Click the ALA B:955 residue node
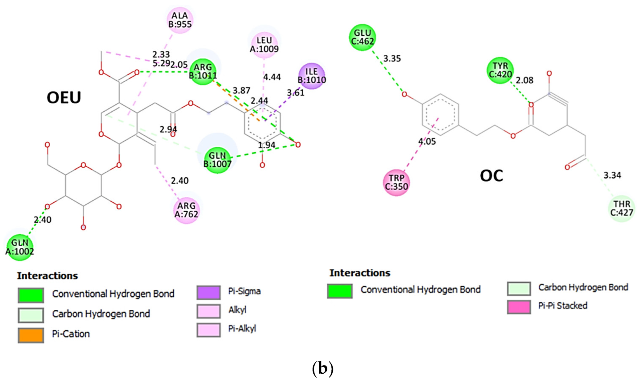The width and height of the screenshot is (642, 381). click(180, 20)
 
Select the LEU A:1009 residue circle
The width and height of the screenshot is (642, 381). click(264, 44)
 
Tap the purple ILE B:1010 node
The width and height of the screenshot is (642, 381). click(312, 76)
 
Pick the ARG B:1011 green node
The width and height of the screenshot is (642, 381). click(203, 72)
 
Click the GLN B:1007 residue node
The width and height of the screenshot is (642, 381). click(217, 160)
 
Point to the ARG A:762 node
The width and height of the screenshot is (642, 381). click(186, 210)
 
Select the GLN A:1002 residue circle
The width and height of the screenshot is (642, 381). click(20, 247)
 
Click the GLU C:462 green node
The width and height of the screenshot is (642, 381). click(362, 37)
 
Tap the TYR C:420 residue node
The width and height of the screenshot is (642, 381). click(500, 70)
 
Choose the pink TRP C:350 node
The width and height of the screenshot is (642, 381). click(396, 183)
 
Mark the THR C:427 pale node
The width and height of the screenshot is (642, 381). click(621, 208)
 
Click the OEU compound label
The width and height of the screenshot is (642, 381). click(64, 98)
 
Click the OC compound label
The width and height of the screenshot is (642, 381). click(491, 176)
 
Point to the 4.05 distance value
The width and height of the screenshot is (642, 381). click(427, 142)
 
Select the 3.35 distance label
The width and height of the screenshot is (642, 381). click(392, 59)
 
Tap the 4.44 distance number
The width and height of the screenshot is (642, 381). click(272, 77)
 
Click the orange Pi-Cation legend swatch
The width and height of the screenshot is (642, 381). click(31, 335)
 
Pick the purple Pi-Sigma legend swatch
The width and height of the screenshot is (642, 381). click(209, 293)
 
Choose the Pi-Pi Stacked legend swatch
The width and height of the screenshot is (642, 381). click(519, 307)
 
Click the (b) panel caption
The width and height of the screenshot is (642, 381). click(322, 368)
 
